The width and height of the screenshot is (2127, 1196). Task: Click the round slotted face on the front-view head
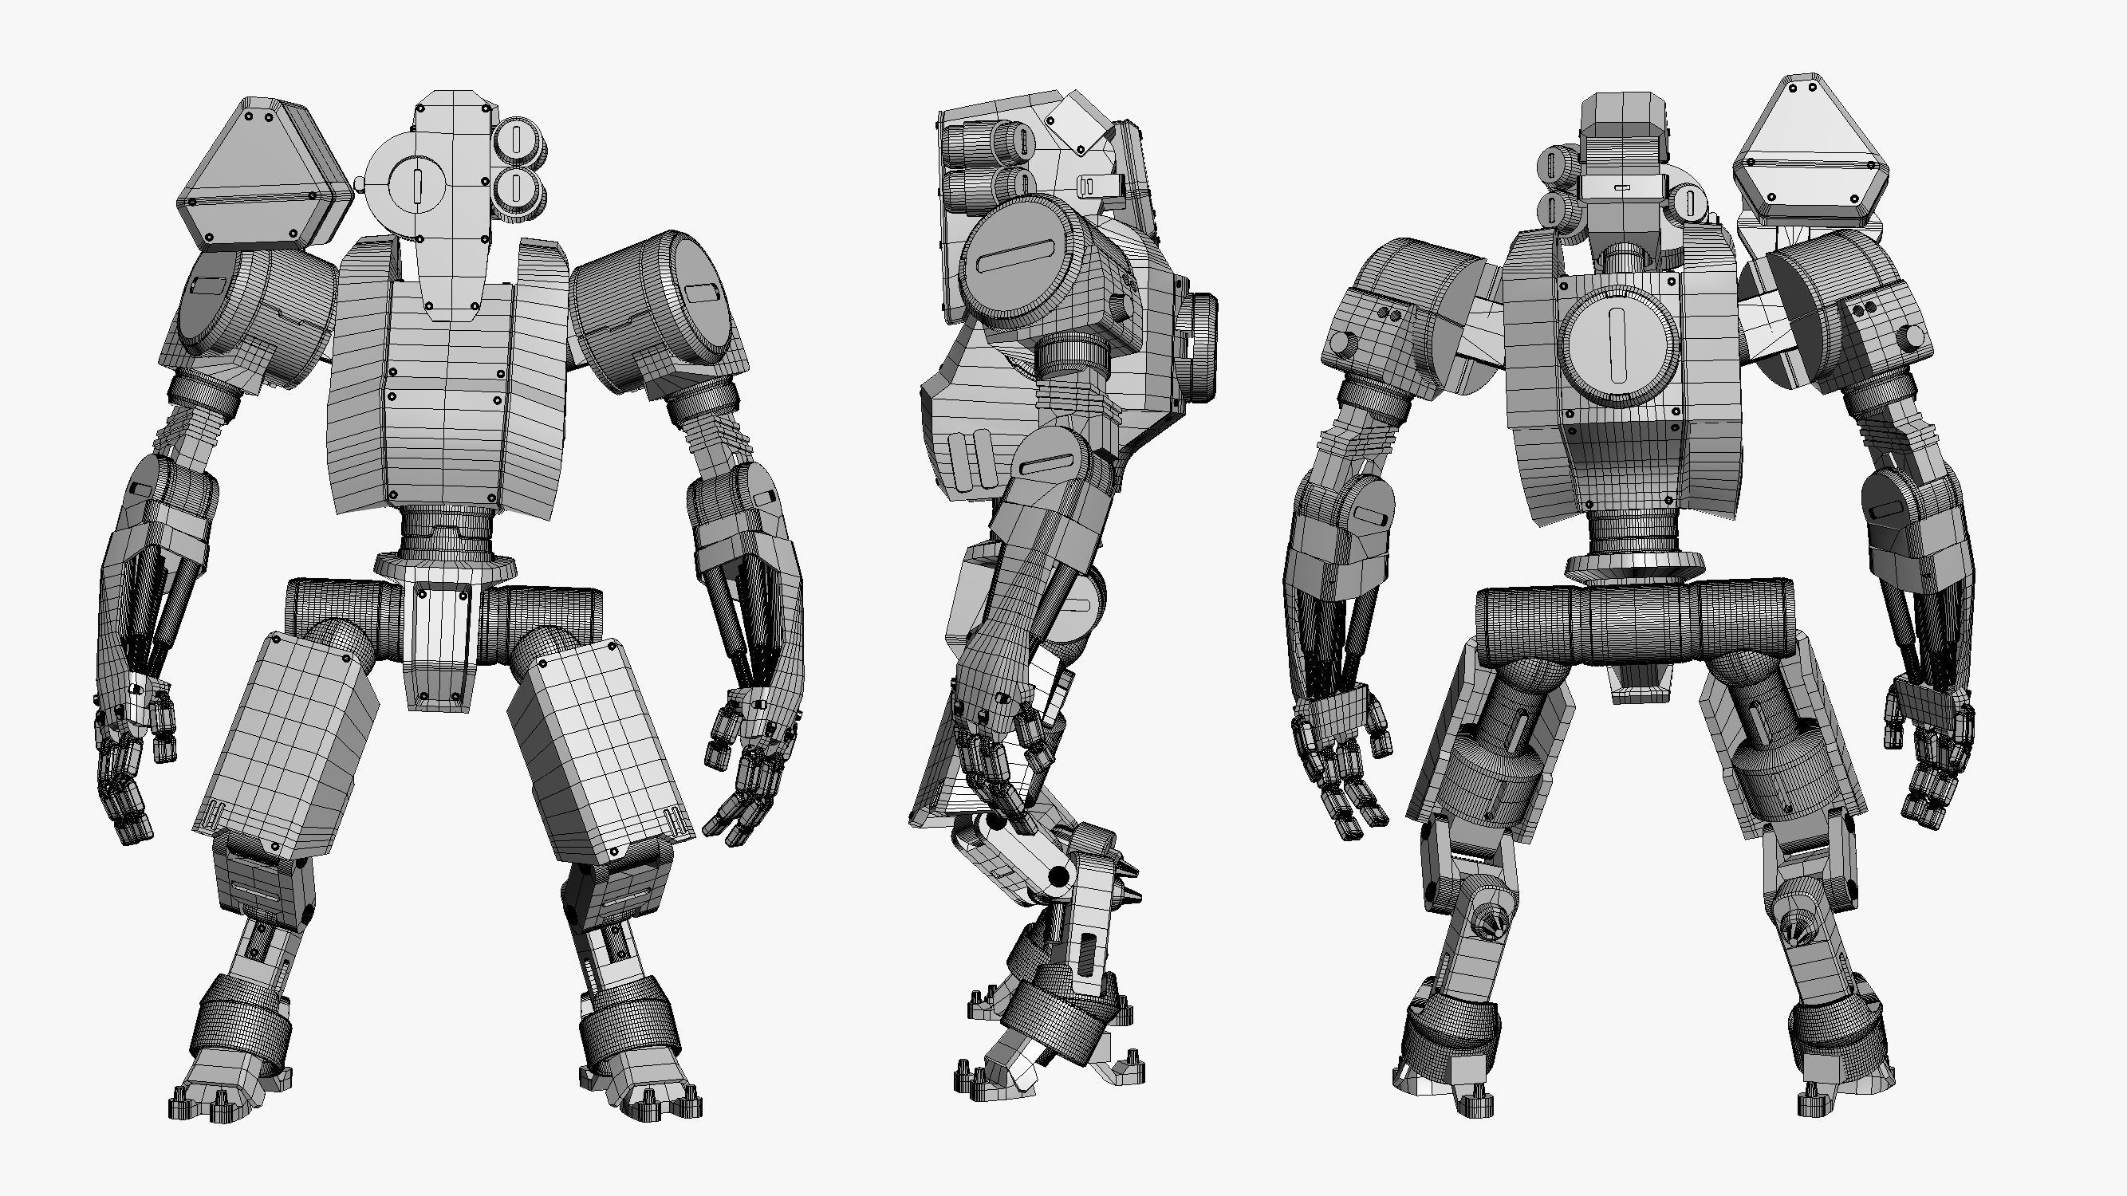pos(416,187)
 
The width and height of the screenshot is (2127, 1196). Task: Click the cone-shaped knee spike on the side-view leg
pos(1128,895)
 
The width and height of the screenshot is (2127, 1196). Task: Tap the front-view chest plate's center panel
pos(446,396)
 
